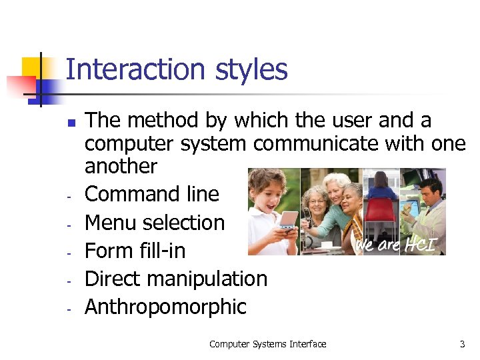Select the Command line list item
point(152,194)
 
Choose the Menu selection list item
point(155,222)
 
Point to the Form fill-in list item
point(135,251)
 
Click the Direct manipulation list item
point(176,279)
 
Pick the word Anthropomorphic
point(165,307)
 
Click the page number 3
point(462,344)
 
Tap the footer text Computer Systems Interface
point(267,344)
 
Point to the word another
point(121,166)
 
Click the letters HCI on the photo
point(423,245)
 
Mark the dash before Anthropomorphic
point(69,309)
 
